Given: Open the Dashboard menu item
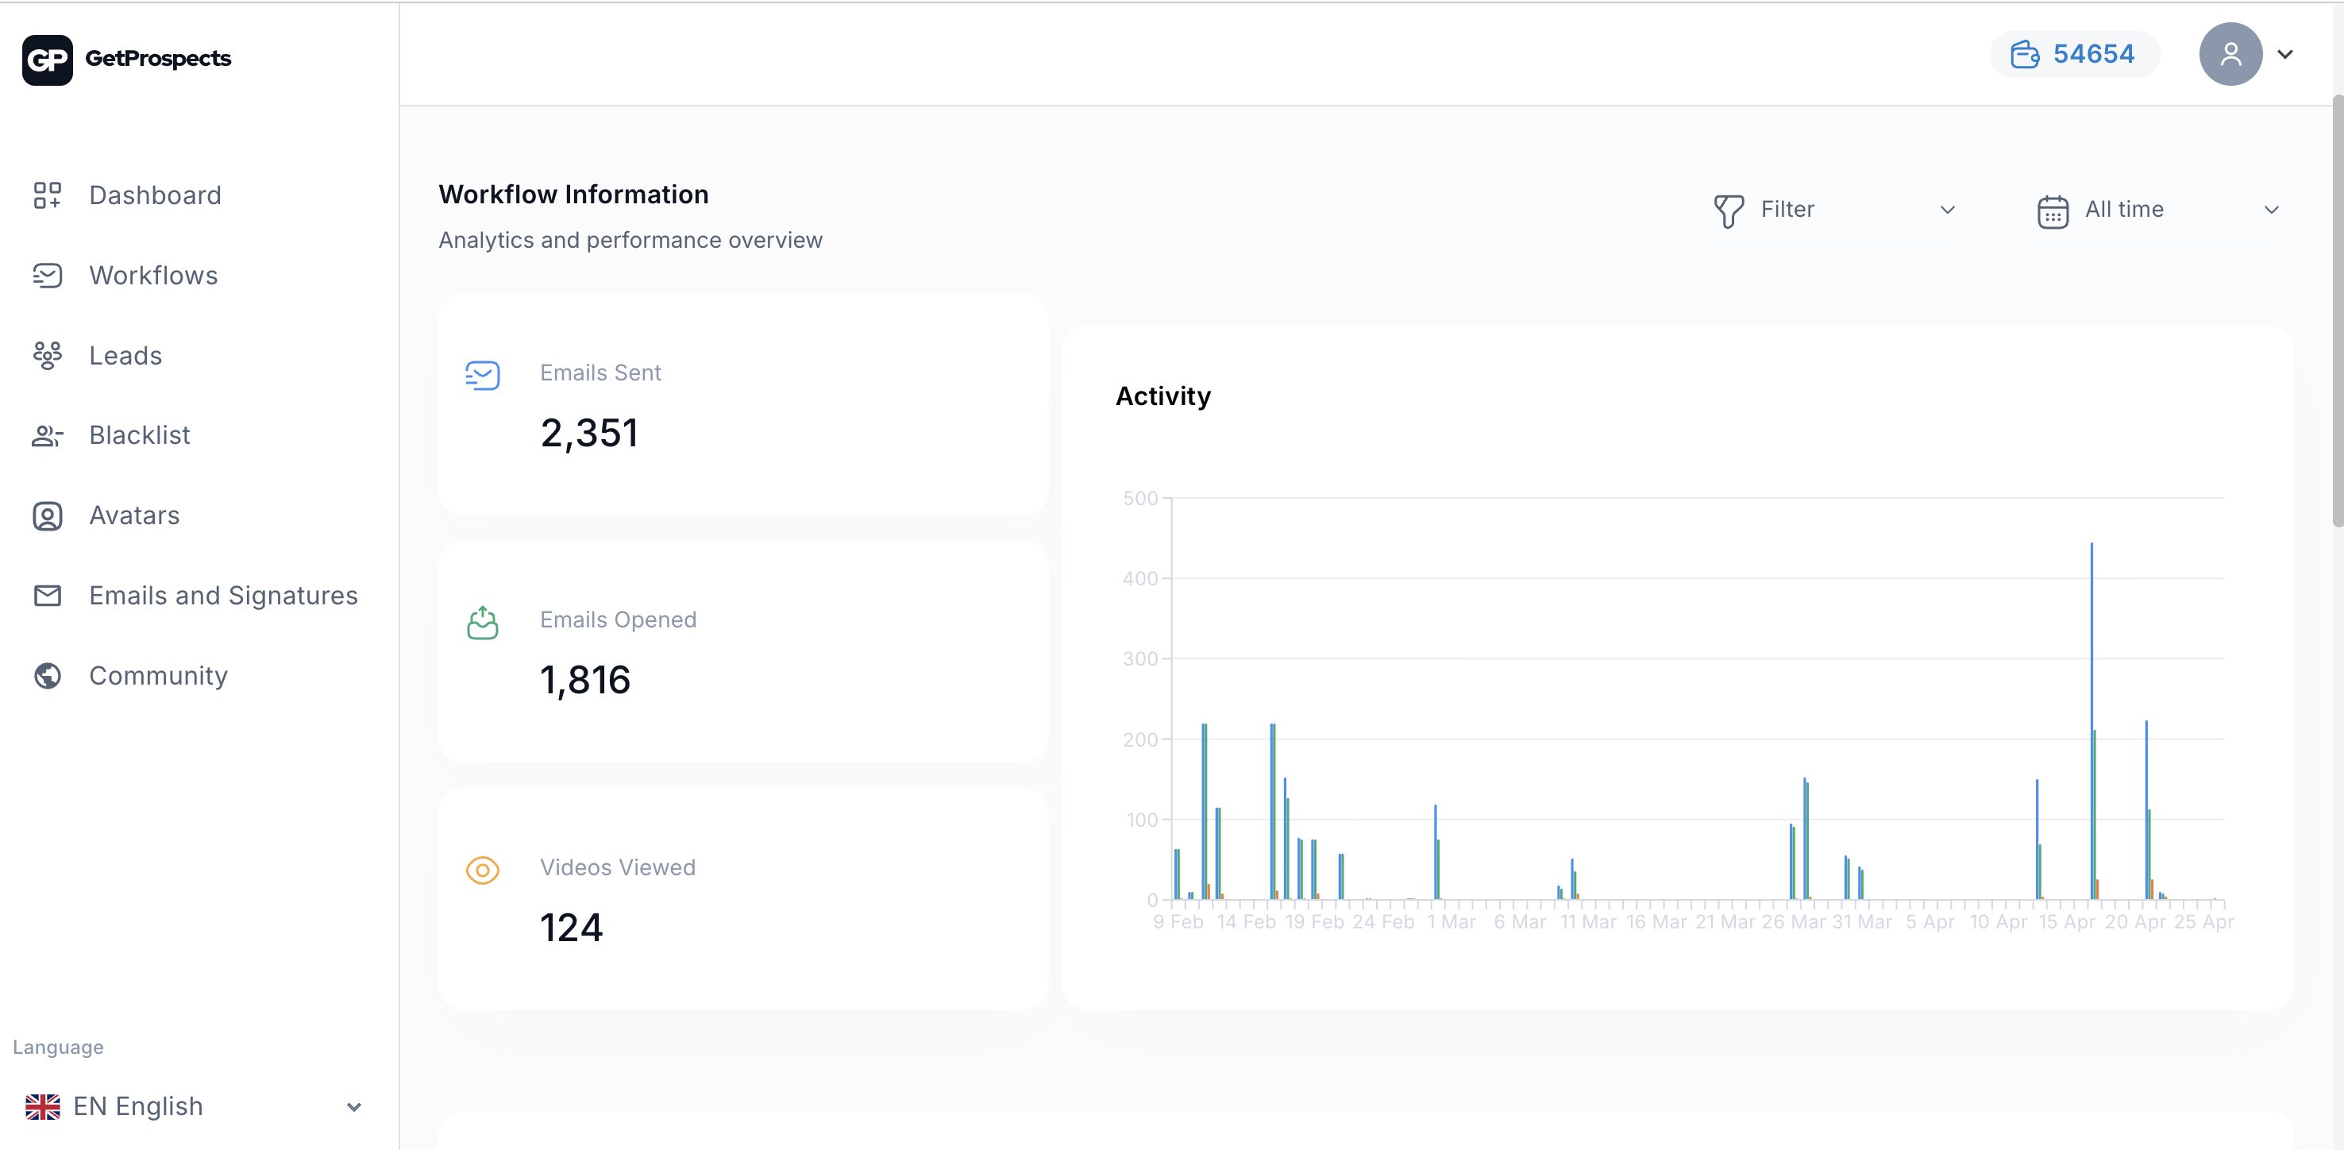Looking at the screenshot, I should (x=155, y=195).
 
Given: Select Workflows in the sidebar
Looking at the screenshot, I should (x=153, y=276).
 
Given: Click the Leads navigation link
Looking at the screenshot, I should (x=125, y=356).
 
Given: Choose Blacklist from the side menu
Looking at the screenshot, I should (x=139, y=436).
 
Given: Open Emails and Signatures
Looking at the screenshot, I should (x=223, y=596).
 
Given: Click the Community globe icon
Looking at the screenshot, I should (x=48, y=676).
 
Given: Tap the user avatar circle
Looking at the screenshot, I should (x=2230, y=55).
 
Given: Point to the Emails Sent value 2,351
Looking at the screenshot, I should (x=588, y=433).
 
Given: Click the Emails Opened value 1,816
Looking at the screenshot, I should (x=585, y=681).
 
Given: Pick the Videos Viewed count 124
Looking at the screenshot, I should (x=572, y=928).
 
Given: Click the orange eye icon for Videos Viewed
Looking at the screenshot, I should (x=482, y=870).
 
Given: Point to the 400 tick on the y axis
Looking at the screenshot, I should (x=1140, y=579).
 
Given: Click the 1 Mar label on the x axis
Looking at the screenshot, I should (x=1452, y=921).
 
